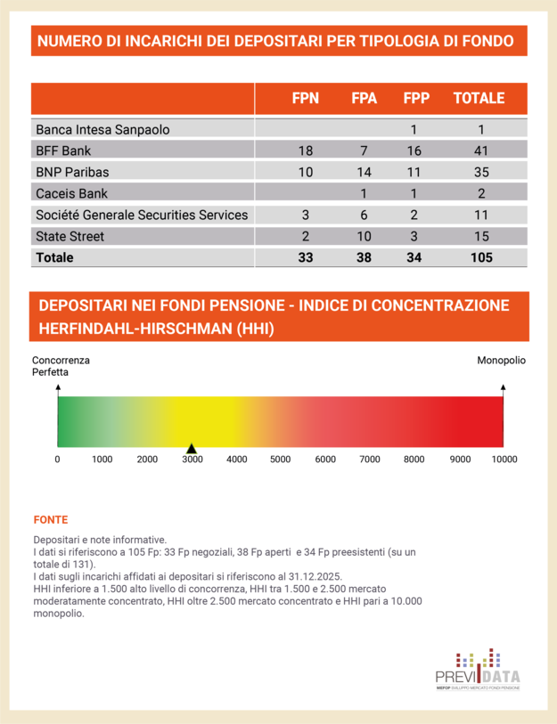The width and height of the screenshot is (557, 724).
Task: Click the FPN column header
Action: (x=306, y=98)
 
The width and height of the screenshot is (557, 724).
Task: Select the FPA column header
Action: (x=364, y=98)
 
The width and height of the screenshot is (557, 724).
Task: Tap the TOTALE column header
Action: (x=479, y=98)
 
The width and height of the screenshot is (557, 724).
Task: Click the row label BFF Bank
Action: (x=63, y=150)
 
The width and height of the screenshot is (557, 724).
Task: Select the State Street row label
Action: (x=70, y=236)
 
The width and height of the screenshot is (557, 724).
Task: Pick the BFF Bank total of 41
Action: (x=481, y=150)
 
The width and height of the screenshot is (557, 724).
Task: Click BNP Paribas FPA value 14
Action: (x=364, y=172)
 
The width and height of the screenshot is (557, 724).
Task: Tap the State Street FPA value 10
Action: (x=364, y=236)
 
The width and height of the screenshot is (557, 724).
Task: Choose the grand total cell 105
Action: (x=481, y=257)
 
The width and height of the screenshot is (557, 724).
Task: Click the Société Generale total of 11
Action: (x=481, y=215)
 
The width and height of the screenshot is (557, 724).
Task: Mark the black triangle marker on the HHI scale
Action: (x=190, y=447)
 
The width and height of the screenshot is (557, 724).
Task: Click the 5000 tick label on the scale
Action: (x=281, y=460)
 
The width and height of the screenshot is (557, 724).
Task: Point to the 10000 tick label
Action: (x=504, y=460)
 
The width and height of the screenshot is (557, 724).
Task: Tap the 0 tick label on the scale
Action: (x=58, y=460)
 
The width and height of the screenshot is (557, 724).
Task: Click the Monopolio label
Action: (x=501, y=361)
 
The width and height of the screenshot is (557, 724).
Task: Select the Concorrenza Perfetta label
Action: (x=61, y=366)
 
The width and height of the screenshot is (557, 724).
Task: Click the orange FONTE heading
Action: (x=50, y=519)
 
